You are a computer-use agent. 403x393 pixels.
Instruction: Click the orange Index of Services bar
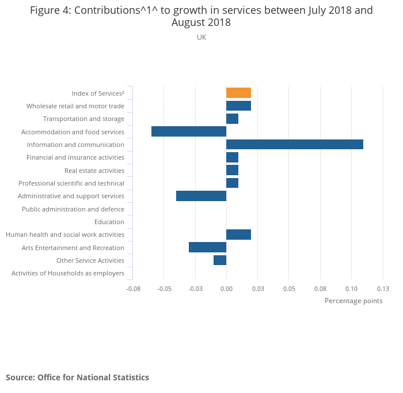click(238, 93)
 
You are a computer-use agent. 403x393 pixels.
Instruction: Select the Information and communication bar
click(294, 144)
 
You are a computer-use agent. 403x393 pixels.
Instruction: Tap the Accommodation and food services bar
click(189, 131)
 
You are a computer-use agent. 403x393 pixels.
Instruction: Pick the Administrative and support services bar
click(201, 196)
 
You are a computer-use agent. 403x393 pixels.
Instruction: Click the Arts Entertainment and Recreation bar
click(207, 247)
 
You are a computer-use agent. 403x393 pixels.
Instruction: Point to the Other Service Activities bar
click(220, 260)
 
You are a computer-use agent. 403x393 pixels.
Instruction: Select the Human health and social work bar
click(238, 235)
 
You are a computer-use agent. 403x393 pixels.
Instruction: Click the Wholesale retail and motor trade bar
click(238, 105)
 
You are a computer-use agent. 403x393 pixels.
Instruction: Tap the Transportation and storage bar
click(232, 119)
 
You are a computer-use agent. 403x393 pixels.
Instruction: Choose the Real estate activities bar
click(232, 170)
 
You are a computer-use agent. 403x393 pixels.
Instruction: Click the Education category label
click(109, 222)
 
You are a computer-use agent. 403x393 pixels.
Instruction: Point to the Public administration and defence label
click(73, 209)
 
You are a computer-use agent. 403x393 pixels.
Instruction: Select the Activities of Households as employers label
click(68, 273)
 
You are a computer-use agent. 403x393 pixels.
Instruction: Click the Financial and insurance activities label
click(75, 157)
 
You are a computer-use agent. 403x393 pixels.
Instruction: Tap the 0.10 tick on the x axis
click(351, 289)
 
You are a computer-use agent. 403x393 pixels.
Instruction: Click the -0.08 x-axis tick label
click(133, 289)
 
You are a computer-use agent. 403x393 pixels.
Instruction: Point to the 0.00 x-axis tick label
click(226, 289)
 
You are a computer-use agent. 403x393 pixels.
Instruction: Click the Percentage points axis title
click(353, 301)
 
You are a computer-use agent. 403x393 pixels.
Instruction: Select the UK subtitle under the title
click(201, 37)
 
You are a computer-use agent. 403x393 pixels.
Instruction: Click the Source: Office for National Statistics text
click(77, 377)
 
